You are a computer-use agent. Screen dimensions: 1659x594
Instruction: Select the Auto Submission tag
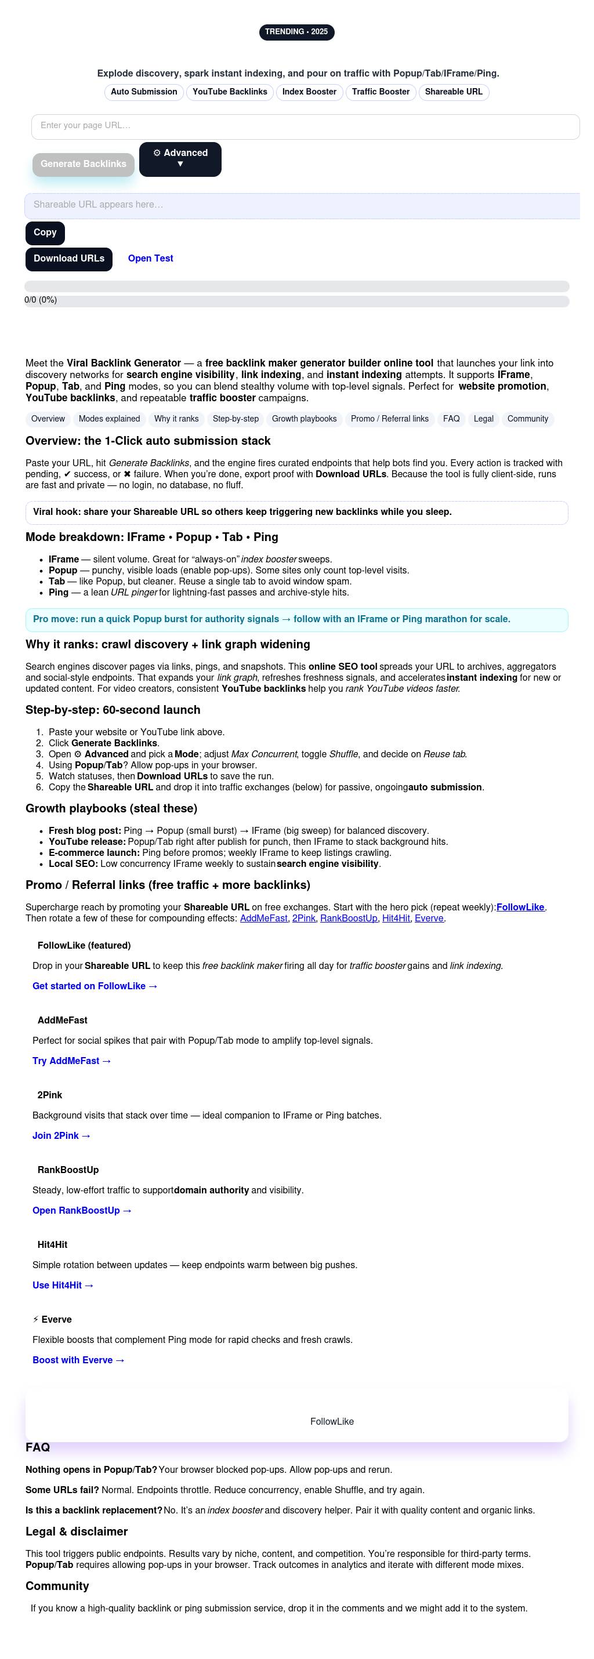144,92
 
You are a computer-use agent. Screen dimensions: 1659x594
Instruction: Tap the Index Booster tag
309,92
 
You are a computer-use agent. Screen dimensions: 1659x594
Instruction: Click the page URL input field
305,126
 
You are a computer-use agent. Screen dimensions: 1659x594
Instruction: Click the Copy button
45,233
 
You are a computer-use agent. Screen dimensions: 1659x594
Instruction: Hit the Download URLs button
69,259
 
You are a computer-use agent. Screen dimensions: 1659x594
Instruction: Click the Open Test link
151,259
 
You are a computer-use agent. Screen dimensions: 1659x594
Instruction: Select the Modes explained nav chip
109,419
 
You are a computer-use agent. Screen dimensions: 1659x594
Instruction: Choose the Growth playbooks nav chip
304,419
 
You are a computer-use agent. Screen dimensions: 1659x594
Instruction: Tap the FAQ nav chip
451,419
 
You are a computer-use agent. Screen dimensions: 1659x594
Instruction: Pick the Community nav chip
528,419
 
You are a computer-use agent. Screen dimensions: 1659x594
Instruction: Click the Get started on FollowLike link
95,986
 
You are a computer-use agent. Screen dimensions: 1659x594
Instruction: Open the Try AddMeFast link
71,1061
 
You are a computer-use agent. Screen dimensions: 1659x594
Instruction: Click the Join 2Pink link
61,1135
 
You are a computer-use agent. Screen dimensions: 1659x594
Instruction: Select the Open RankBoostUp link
82,1210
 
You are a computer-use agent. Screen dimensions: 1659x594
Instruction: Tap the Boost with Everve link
78,1360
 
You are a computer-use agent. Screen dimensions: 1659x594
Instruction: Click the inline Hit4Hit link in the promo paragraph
396,919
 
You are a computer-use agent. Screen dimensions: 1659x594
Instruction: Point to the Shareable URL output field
303,205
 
